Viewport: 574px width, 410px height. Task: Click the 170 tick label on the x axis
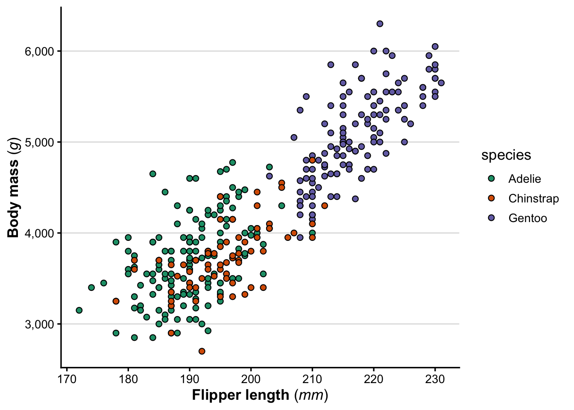(x=67, y=379)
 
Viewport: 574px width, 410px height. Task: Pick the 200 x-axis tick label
(x=251, y=379)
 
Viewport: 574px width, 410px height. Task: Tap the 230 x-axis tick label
(x=435, y=379)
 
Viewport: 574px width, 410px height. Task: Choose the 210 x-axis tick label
(x=312, y=379)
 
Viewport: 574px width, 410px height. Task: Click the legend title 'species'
(x=506, y=155)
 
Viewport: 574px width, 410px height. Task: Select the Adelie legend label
(x=524, y=179)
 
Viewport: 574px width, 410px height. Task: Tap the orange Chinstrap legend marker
(x=491, y=199)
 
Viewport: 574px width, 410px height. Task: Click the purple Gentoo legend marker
(x=491, y=218)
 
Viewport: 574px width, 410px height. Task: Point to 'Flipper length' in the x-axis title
(x=240, y=395)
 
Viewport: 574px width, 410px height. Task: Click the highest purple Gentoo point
(x=380, y=24)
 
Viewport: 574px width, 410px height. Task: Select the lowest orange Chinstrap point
(x=202, y=351)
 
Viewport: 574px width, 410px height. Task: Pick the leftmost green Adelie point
(x=79, y=310)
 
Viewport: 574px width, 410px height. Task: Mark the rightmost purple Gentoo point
(x=441, y=83)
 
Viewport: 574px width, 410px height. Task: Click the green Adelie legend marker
(x=491, y=179)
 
